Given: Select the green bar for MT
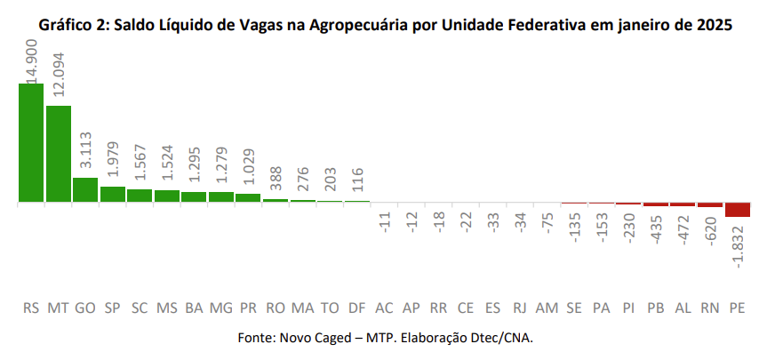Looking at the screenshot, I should pos(59,154).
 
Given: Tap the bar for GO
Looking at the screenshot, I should pos(85,189).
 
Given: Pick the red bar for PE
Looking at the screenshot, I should pos(738,210).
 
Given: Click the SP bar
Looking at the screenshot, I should pos(113,194).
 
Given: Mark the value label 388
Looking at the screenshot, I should pos(276,180).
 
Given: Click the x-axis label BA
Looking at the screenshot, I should pos(194,308).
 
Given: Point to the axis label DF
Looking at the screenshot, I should pos(356,308).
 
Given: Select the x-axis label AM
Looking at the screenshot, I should pos(547,308).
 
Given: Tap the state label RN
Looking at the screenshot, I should pos(710,308).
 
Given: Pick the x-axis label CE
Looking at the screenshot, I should pos(466,308).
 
